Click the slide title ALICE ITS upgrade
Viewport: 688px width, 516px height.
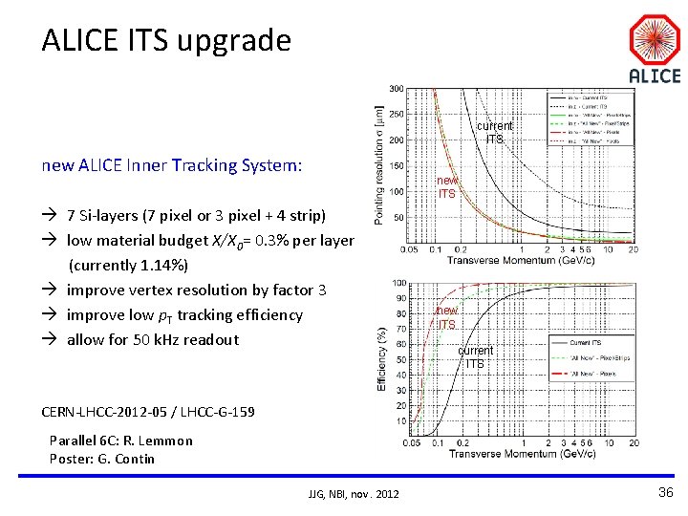coord(165,40)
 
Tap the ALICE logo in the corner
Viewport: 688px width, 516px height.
coord(655,52)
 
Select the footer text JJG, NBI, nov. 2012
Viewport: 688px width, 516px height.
coord(354,493)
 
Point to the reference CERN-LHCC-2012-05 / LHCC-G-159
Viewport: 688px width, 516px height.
coord(148,412)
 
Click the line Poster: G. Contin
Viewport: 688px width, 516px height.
coord(102,459)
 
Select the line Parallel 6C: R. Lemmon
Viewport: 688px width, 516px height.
coord(121,441)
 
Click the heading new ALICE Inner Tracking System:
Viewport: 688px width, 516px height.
coord(172,165)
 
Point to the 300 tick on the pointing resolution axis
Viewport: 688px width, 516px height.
coord(395,89)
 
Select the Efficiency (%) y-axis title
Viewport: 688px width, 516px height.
coord(381,358)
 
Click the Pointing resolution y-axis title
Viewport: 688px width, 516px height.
coord(379,165)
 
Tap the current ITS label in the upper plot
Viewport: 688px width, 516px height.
coord(494,133)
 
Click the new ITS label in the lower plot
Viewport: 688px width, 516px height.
coord(446,317)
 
